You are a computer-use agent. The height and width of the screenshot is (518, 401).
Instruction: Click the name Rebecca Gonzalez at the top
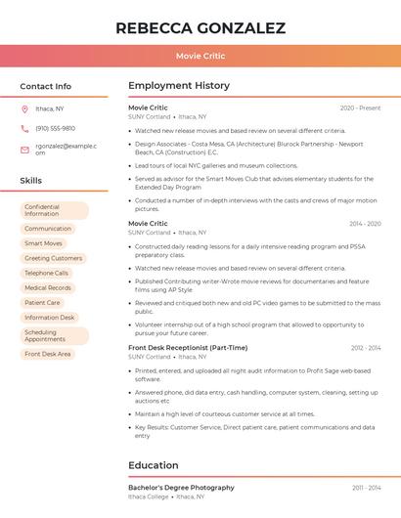[x=200, y=27]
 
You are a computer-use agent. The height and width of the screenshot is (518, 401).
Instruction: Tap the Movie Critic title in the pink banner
[x=200, y=56]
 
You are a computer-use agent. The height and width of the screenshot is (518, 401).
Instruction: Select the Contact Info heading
[x=46, y=86]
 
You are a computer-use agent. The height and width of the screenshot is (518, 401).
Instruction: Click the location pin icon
[x=24, y=108]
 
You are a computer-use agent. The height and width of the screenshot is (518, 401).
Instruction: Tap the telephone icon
[x=24, y=128]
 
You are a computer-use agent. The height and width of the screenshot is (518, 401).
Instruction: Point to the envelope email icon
[x=24, y=150]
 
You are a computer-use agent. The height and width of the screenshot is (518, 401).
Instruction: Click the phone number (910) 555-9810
[x=55, y=128]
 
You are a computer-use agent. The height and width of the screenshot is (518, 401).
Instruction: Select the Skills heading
[x=31, y=181]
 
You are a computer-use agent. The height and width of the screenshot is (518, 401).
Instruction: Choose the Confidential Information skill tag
[x=54, y=210]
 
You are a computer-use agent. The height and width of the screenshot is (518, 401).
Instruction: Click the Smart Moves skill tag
[x=44, y=243]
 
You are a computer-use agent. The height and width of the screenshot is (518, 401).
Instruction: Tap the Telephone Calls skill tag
[x=47, y=273]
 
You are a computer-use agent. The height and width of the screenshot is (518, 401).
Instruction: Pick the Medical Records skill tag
[x=48, y=287]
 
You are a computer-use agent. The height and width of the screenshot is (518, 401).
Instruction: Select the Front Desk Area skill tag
[x=48, y=354]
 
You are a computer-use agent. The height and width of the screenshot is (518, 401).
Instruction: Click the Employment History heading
[x=179, y=86]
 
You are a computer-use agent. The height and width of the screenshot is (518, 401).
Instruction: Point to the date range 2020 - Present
[x=360, y=108]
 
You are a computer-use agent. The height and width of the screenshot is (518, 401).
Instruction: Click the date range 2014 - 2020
[x=365, y=224]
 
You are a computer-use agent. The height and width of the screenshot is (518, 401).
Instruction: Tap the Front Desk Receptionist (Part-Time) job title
[x=188, y=348]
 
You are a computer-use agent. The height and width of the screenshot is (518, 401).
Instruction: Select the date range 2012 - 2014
[x=366, y=348]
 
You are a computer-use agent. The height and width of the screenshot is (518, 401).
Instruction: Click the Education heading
[x=154, y=465]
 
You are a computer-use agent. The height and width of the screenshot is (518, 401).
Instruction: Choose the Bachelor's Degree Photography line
[x=181, y=487]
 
